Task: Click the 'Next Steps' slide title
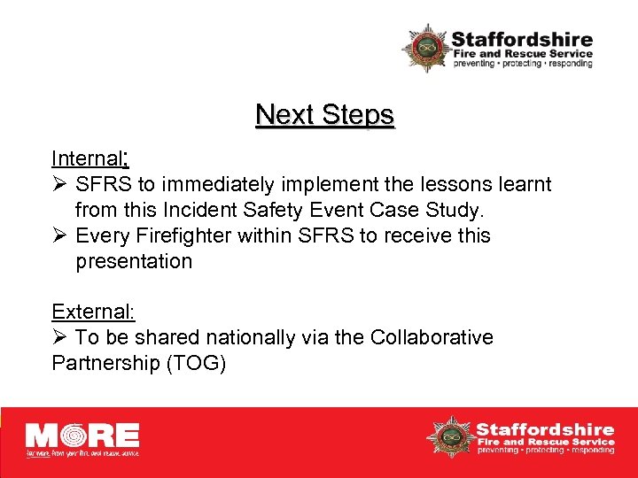pos(324,115)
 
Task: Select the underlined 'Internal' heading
pos(86,159)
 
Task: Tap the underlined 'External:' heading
pos(93,312)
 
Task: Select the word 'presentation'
pos(134,261)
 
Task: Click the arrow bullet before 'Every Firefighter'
pos(59,235)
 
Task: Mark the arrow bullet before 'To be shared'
pos(59,337)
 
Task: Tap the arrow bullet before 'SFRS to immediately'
pos(59,185)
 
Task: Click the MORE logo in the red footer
pos(82,437)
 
